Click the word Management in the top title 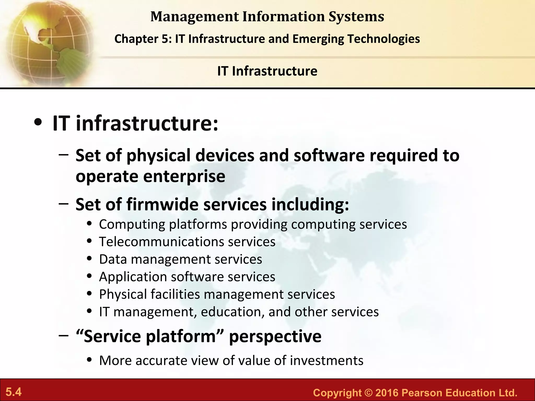195,17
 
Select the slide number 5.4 14,392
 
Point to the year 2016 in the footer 387,393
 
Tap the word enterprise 184,176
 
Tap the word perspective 275,337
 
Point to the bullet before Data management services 90,259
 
